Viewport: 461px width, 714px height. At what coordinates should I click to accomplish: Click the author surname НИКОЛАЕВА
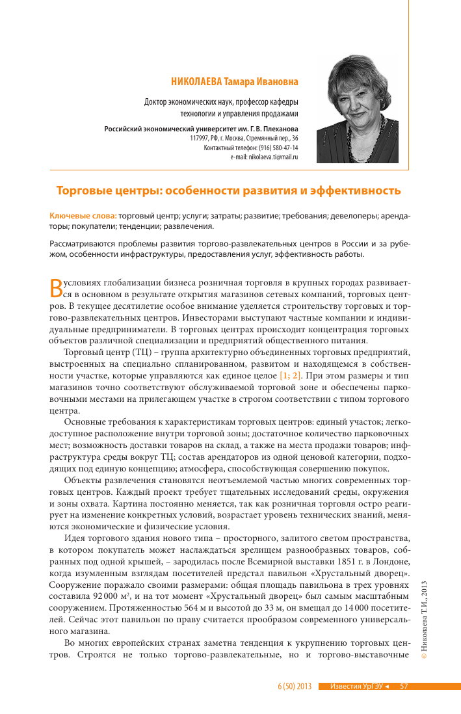[x=196, y=83]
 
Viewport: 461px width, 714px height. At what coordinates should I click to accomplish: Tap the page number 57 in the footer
[x=404, y=686]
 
